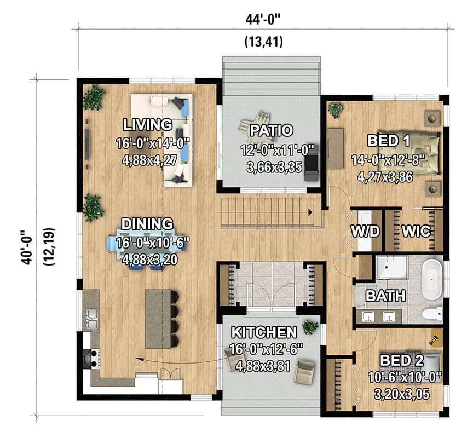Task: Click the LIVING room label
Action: (147, 123)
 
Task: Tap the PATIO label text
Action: (271, 130)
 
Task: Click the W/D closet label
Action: (365, 231)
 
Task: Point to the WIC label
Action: (416, 231)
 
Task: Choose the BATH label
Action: (385, 296)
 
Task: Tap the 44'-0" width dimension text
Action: (263, 20)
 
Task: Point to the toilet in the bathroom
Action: (433, 314)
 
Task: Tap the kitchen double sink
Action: (91, 319)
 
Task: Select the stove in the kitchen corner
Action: (90, 358)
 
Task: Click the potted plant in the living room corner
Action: (94, 98)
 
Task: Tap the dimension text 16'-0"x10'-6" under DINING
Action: (147, 242)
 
